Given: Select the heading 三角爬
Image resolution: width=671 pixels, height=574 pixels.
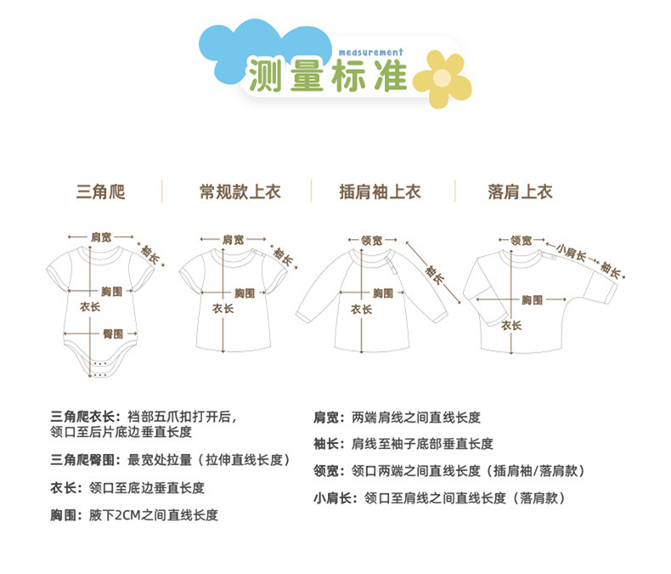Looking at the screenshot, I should (x=100, y=192).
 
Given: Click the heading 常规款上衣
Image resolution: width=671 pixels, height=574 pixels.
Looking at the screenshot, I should (x=240, y=192).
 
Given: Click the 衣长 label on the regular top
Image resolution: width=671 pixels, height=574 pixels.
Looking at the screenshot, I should (x=223, y=309).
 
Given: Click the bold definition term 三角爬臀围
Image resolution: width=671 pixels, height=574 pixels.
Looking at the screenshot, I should (x=86, y=459).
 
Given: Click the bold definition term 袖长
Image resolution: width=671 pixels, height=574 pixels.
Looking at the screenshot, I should (x=326, y=443).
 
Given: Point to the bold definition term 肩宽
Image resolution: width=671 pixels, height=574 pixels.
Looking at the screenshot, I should (x=326, y=418).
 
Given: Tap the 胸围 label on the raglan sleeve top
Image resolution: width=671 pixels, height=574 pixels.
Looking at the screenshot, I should (x=383, y=293).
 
